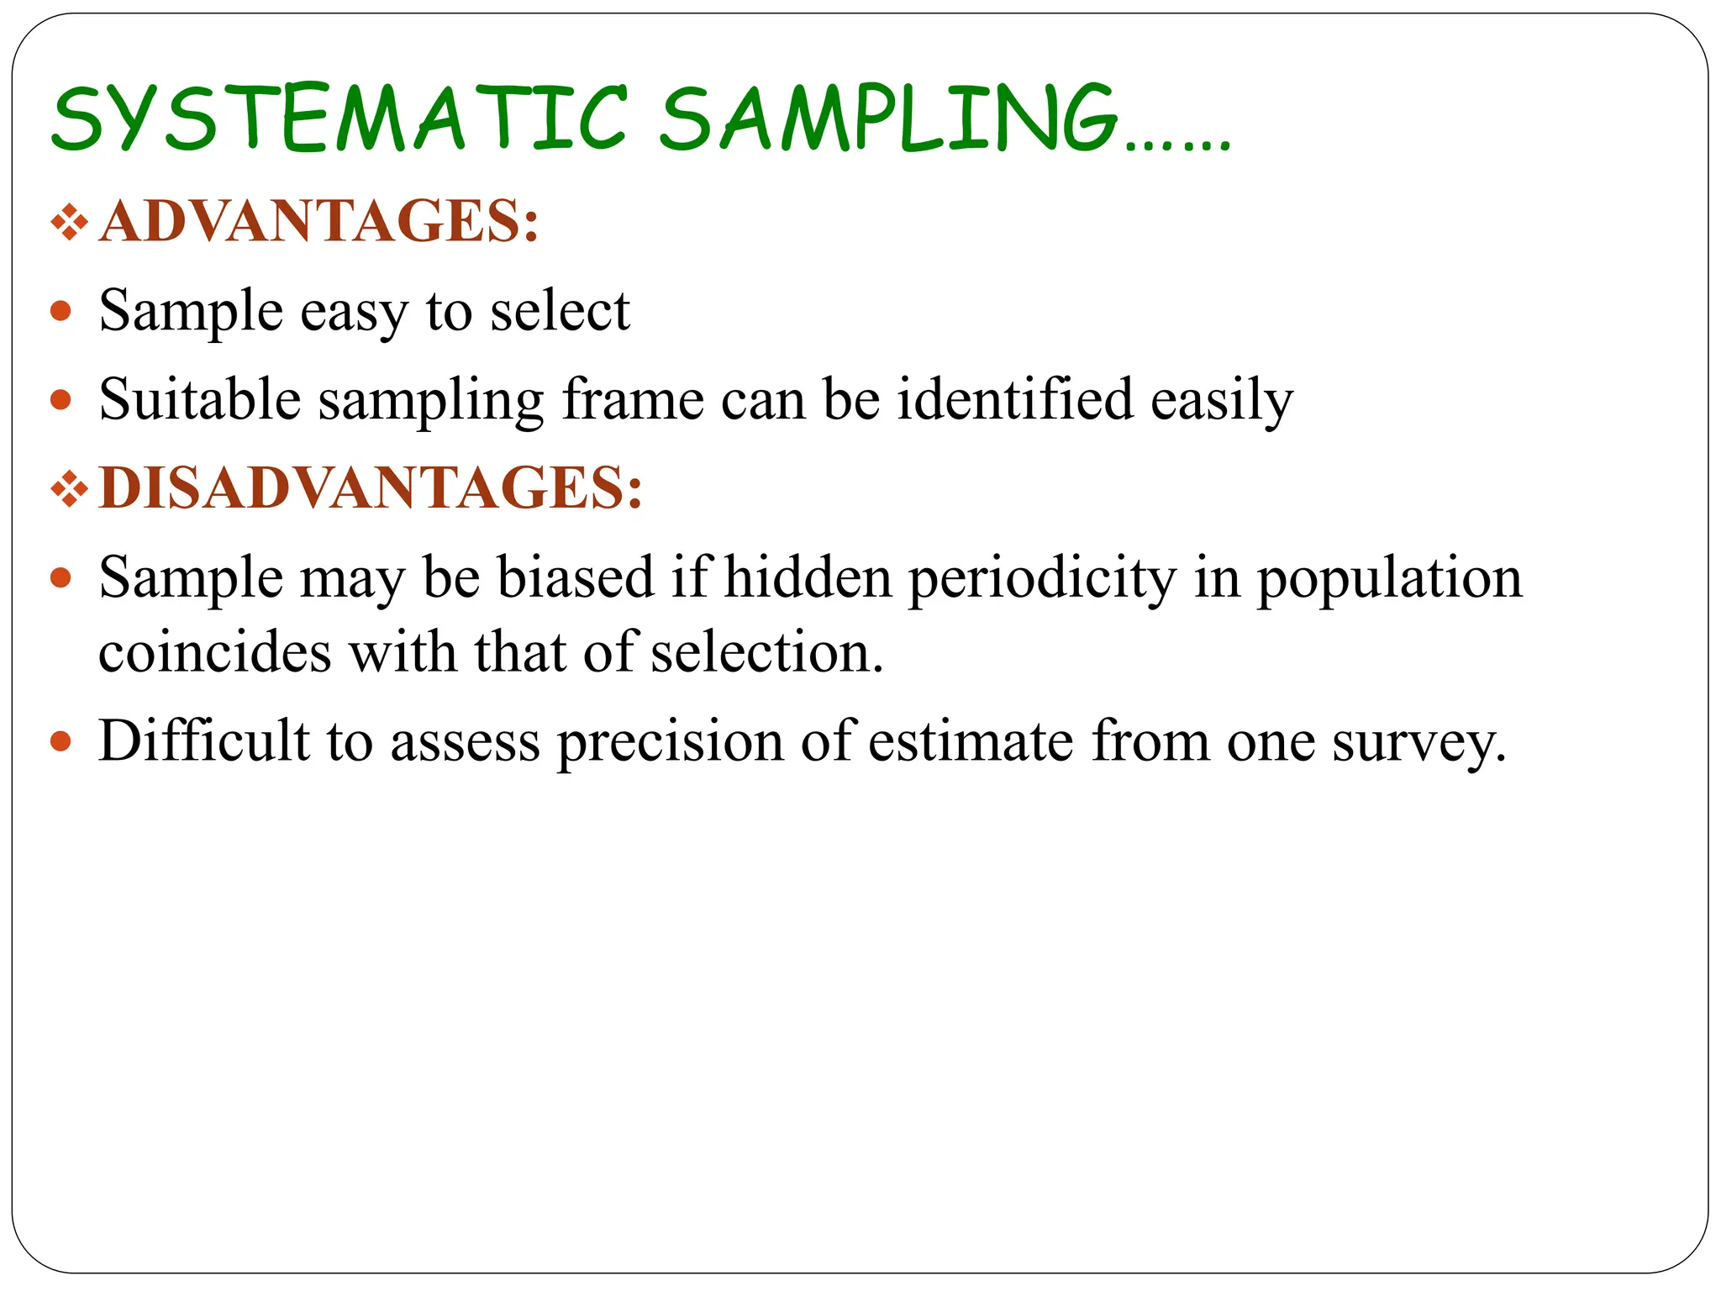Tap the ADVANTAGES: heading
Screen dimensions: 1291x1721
[x=318, y=222]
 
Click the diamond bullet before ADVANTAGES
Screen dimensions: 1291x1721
[x=70, y=224]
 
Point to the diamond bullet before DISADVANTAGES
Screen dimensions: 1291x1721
[x=70, y=489]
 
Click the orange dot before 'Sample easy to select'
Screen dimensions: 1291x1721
[x=61, y=312]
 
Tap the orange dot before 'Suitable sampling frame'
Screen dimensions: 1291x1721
[x=61, y=399]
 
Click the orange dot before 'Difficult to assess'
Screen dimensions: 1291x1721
[x=61, y=741]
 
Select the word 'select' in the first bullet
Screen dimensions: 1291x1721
[x=560, y=311]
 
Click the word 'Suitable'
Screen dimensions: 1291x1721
[x=199, y=399]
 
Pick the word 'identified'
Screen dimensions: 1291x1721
[x=1014, y=399]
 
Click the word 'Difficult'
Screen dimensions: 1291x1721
[x=204, y=741]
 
